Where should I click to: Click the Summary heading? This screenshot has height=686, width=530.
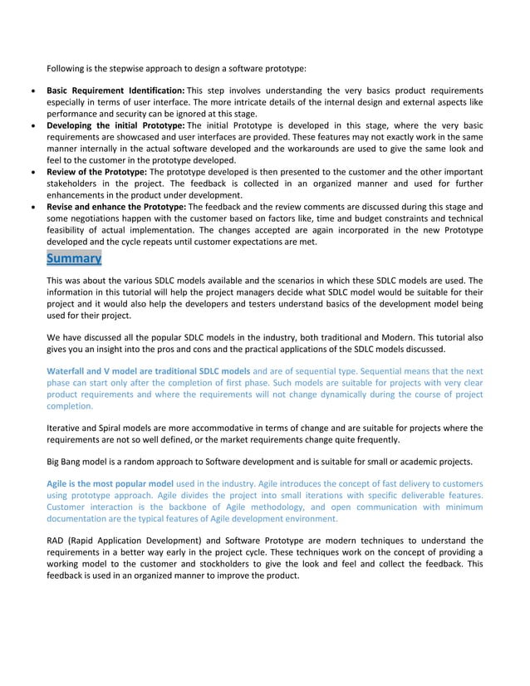[x=74, y=258]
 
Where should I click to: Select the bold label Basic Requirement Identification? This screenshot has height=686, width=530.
[x=115, y=90]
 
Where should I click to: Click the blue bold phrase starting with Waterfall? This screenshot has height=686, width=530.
[x=148, y=370]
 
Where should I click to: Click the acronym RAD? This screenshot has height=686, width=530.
[x=56, y=541]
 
